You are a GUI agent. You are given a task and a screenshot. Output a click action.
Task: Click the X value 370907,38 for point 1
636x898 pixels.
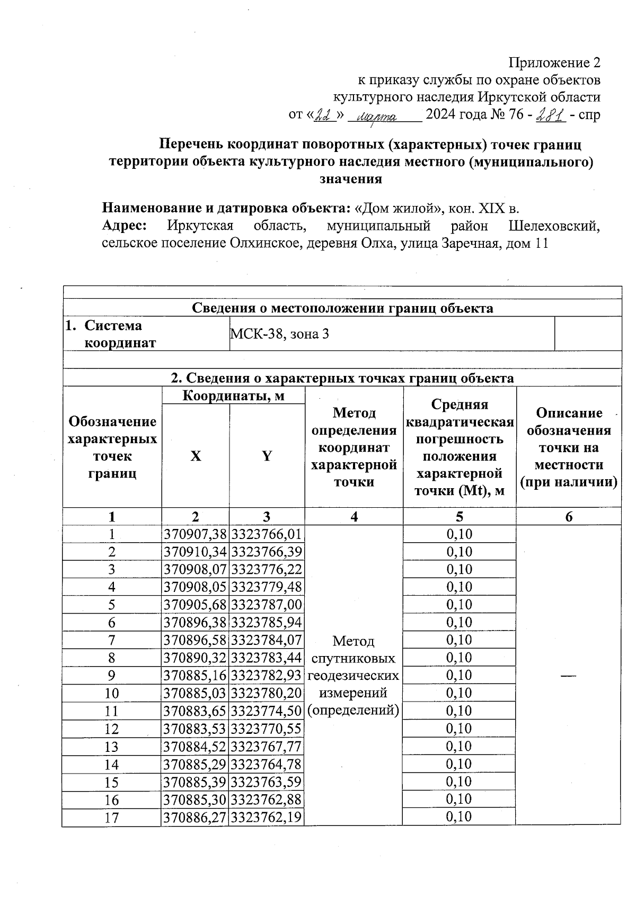tap(196, 534)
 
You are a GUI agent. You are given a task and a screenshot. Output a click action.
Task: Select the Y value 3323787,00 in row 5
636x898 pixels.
tap(267, 605)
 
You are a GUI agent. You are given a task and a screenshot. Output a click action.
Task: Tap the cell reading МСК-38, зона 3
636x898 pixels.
tap(279, 334)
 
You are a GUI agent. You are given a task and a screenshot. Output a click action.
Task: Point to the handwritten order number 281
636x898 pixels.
tap(551, 115)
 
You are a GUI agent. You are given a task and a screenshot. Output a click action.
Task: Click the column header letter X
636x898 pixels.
tap(196, 456)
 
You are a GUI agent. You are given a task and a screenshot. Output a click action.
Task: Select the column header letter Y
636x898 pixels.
tap(267, 456)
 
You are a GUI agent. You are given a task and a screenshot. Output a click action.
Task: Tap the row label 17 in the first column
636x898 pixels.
tap(112, 818)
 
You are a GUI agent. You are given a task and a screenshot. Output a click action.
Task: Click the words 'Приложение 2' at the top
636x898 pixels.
tap(554, 63)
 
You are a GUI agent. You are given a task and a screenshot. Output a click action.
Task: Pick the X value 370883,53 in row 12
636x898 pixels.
tap(196, 729)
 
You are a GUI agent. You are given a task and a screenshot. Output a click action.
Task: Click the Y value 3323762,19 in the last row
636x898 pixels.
tap(267, 817)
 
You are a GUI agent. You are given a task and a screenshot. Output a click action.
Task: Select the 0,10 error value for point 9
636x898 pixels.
tap(459, 676)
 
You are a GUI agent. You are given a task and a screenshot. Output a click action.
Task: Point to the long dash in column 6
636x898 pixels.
tap(568, 675)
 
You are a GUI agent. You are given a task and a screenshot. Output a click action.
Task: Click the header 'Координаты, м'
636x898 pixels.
tap(233, 396)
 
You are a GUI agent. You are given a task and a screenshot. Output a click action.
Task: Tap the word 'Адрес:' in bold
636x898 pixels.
tap(125, 226)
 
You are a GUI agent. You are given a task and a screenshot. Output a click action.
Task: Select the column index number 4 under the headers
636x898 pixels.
tap(354, 517)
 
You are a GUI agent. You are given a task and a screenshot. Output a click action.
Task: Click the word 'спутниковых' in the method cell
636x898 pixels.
tap(354, 659)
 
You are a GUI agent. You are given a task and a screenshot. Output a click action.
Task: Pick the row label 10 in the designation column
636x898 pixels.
tap(112, 693)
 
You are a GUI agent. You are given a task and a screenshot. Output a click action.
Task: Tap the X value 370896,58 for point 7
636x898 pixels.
tap(196, 640)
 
